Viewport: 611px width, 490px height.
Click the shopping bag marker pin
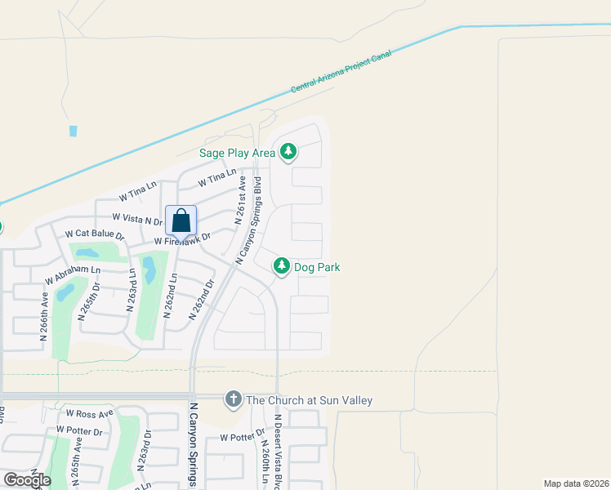181,221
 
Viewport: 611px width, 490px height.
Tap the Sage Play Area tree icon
288,151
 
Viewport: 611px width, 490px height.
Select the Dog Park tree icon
281,266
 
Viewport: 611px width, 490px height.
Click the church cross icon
233,399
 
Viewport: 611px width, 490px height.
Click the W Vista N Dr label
137,219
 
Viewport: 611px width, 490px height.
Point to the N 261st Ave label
241,203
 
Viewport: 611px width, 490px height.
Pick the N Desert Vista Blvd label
279,452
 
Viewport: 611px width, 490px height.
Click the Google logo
26,479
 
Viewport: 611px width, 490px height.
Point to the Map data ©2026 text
576,483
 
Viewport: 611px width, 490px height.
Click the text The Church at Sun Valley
309,400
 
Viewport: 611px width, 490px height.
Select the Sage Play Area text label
237,152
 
